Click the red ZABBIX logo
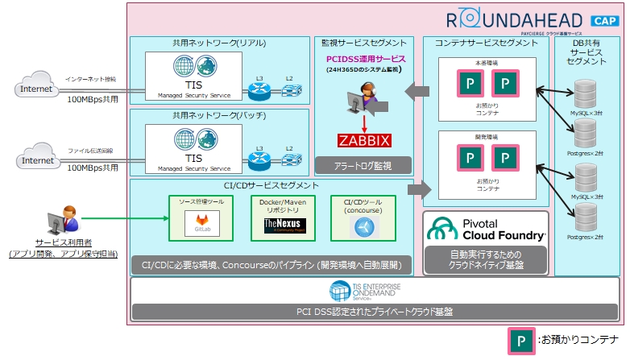click(x=363, y=141)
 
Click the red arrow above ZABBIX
click(x=363, y=123)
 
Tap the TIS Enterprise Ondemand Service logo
click(x=373, y=290)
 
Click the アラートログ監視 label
click(x=363, y=166)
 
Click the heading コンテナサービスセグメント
click(x=486, y=43)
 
